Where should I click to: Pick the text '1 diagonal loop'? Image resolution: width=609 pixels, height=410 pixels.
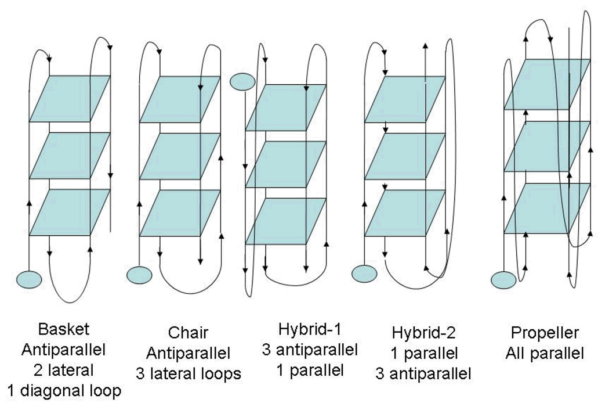click(64, 391)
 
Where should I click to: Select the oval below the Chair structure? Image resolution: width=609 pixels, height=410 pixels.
click(139, 275)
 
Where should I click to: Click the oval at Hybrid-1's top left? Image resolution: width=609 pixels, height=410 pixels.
click(242, 82)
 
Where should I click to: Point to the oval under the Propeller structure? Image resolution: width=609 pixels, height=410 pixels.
click(503, 280)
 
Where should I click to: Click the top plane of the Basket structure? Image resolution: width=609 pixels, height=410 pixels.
click(70, 99)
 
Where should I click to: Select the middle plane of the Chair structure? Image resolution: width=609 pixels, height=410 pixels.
click(180, 156)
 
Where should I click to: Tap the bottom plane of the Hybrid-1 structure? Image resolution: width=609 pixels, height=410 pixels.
click(285, 221)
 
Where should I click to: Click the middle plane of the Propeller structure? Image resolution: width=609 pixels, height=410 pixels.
click(547, 146)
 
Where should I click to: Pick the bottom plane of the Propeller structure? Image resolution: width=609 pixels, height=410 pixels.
click(547, 208)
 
